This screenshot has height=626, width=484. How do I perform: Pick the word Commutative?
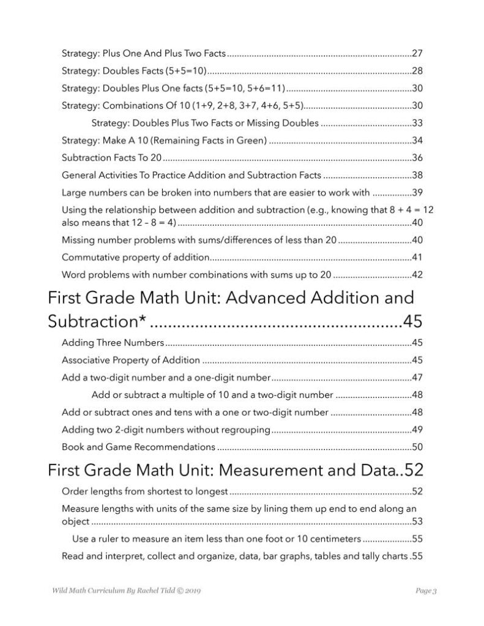(x=89, y=257)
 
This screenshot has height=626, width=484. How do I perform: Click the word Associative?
(x=86, y=360)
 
